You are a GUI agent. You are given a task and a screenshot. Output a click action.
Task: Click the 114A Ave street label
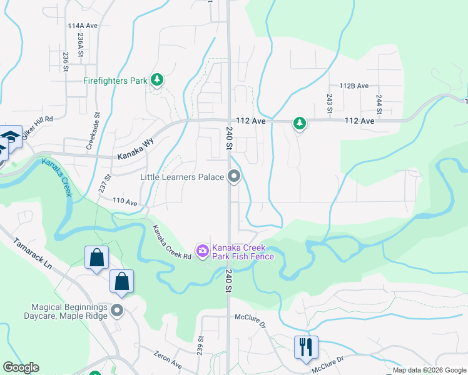click(x=83, y=26)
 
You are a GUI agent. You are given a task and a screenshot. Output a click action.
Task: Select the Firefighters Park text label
click(x=115, y=81)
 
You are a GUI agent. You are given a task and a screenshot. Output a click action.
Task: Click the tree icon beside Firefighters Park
click(x=156, y=79)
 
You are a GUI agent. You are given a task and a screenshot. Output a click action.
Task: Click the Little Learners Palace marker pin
click(x=235, y=177)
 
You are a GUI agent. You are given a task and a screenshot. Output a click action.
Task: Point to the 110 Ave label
click(x=125, y=202)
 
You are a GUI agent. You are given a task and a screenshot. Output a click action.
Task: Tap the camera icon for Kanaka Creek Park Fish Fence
click(x=203, y=251)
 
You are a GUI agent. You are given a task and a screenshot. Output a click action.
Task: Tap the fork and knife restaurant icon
click(x=306, y=346)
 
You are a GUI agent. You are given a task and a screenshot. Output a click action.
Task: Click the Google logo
click(x=21, y=367)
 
